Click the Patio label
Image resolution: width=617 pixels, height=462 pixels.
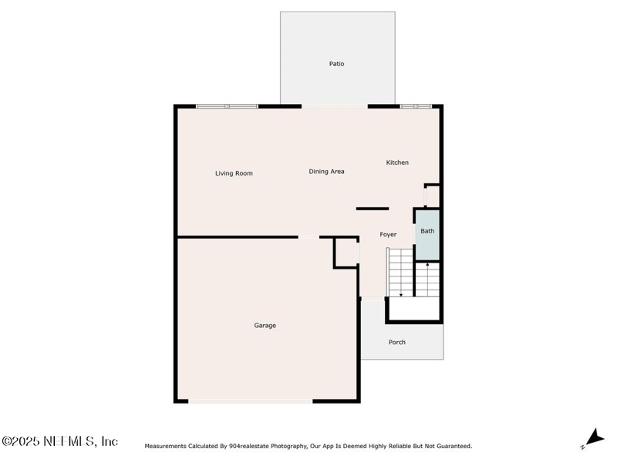pos(336,64)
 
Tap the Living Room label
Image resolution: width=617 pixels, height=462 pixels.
pos(234,173)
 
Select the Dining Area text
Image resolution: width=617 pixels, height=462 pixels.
pos(326,171)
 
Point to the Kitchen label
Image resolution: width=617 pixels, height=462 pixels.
pos(397,162)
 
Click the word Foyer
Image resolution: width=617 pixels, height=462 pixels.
pos(388,235)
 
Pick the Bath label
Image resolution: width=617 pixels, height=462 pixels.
pos(427,231)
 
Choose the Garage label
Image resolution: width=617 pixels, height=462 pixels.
pos(265,325)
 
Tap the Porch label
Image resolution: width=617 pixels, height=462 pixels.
pos(396,342)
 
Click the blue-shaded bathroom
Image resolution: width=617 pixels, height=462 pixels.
pos(428,235)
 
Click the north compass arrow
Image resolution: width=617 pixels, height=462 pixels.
pos(595,437)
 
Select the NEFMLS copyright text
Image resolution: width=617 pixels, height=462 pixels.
pos(59,441)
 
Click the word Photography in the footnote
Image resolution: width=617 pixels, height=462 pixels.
pos(289,446)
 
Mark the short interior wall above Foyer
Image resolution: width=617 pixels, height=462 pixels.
pos(373,209)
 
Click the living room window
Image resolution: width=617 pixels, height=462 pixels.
pos(227,106)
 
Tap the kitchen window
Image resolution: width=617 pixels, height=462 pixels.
pos(416,106)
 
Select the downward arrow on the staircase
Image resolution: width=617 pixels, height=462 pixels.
pos(401,295)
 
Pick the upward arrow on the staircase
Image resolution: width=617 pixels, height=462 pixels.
pos(428,265)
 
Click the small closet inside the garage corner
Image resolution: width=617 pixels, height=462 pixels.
pos(346,253)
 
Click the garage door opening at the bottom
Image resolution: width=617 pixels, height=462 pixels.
pos(250,401)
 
